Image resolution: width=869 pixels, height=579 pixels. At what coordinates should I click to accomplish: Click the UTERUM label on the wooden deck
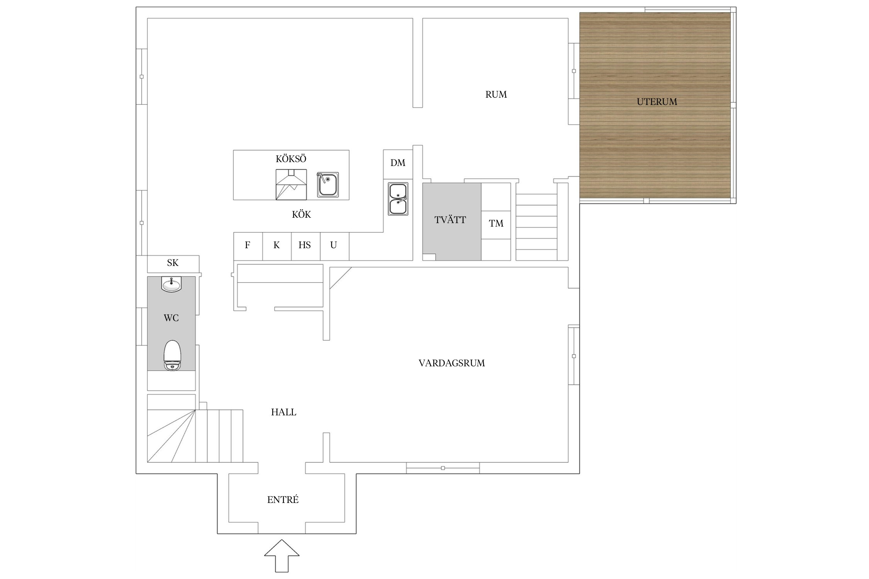(657, 102)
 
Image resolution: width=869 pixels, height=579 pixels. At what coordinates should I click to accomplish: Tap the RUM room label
(496, 95)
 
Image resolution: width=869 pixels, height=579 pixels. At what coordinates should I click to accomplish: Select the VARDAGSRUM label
(451, 363)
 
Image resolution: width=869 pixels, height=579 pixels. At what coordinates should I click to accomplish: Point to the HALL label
(283, 412)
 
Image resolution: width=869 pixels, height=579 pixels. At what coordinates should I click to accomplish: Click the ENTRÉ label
(283, 499)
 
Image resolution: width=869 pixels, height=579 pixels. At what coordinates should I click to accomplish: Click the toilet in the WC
(172, 355)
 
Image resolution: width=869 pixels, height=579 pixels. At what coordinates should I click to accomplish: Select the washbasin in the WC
(171, 284)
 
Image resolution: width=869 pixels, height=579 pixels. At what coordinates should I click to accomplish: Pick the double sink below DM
(398, 199)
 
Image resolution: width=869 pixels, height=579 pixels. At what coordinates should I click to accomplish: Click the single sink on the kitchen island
(328, 185)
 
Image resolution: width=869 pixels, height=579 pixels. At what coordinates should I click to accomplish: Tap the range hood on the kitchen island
(291, 185)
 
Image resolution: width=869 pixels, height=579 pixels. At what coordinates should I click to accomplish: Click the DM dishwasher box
(398, 164)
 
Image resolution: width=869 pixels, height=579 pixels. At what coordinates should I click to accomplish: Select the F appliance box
(248, 246)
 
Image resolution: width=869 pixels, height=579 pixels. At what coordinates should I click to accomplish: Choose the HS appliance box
(306, 246)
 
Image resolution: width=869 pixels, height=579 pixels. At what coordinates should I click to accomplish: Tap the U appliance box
(334, 246)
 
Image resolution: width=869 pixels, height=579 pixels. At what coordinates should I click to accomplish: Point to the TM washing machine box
(496, 225)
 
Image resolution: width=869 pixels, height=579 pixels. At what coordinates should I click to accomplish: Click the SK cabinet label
(173, 263)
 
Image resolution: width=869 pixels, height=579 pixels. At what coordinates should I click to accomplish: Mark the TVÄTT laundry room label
(450, 220)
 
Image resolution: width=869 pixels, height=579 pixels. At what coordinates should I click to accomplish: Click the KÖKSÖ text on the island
(291, 159)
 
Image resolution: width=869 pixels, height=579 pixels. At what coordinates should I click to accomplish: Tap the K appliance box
(277, 246)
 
